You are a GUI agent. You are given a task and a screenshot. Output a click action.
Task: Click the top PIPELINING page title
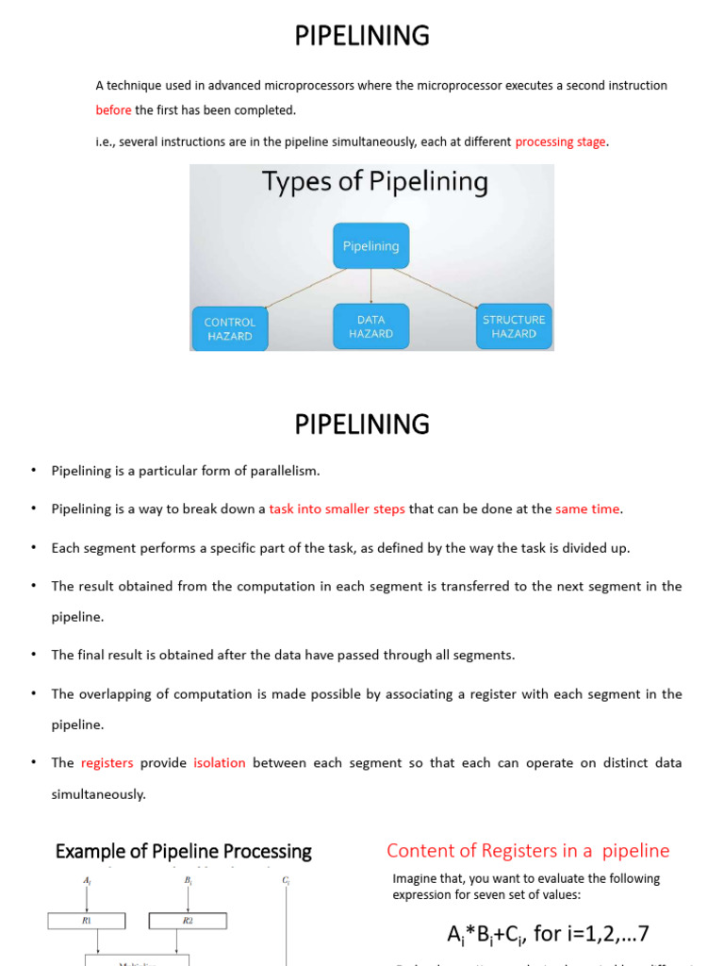click(x=362, y=36)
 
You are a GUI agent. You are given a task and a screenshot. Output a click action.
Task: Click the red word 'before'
click(x=113, y=110)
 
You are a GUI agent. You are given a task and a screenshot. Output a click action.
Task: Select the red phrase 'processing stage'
click(x=561, y=142)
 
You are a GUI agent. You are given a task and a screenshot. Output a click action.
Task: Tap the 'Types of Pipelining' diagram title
click(x=374, y=182)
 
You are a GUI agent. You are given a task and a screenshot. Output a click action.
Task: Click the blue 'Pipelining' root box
click(x=370, y=245)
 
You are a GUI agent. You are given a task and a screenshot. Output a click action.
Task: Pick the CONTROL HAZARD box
click(x=229, y=328)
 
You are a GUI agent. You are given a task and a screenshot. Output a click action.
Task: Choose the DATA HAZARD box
click(x=370, y=326)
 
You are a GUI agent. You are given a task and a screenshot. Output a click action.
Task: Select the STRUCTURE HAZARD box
click(x=514, y=326)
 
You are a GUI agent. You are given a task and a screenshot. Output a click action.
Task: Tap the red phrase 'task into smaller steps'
click(x=337, y=509)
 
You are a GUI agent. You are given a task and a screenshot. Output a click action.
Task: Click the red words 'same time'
click(x=587, y=509)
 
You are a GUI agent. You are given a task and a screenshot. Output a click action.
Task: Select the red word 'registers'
click(x=107, y=762)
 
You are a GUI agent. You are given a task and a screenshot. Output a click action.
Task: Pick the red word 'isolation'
click(x=220, y=762)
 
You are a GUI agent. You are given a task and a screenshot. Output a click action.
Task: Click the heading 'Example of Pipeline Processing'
click(x=183, y=851)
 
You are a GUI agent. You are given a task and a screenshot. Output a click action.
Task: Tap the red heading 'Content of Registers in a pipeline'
click(x=528, y=851)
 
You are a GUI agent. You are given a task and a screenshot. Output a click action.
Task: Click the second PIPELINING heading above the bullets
click(x=362, y=425)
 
